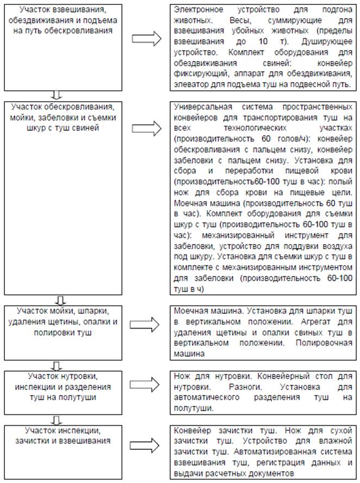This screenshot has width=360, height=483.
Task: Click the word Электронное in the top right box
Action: coord(197,11)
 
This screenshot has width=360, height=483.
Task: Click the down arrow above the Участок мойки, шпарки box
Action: coord(61,300)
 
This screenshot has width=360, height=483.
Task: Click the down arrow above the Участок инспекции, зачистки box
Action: coord(61,419)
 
